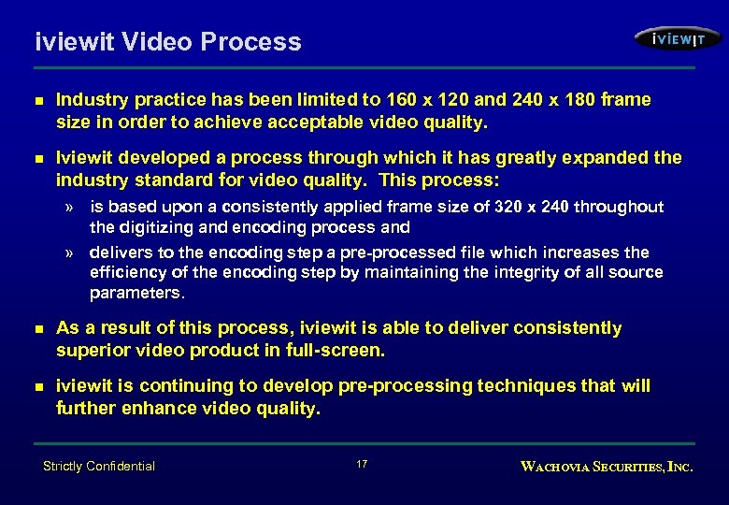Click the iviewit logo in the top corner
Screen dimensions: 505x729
point(678,38)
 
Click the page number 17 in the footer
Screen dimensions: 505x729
point(363,465)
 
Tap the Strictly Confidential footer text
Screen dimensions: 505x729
point(99,466)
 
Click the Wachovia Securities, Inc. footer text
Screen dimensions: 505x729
point(607,466)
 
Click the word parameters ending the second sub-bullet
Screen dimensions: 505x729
point(137,293)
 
